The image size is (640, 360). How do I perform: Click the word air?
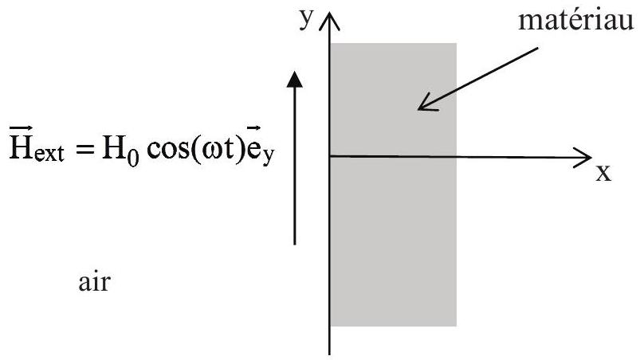pyautogui.click(x=94, y=282)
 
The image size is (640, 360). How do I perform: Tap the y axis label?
pyautogui.click(x=306, y=19)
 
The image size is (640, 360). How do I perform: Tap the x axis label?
pyautogui.click(x=603, y=174)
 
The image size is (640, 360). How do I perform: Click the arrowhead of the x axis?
pyautogui.click(x=583, y=158)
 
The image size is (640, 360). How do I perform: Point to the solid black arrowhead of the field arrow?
pyautogui.click(x=294, y=79)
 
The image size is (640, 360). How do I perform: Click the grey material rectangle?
pyautogui.click(x=393, y=185)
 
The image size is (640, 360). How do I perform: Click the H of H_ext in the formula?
pyautogui.click(x=22, y=148)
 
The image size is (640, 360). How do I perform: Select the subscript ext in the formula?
pyautogui.click(x=49, y=154)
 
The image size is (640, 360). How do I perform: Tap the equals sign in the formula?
pyautogui.click(x=85, y=150)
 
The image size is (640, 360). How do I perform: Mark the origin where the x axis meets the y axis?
pyautogui.click(x=329, y=156)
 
